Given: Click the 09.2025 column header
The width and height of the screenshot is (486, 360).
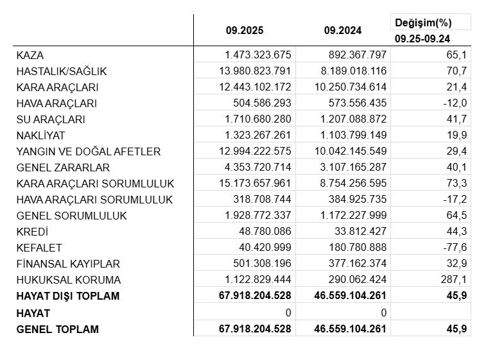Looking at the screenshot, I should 245,30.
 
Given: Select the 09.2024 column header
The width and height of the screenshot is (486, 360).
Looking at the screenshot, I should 343,30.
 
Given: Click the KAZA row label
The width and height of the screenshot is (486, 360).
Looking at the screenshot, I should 31,55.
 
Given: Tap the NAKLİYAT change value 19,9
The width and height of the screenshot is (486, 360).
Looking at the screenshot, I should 457,135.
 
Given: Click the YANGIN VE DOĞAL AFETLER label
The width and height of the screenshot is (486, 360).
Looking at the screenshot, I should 89,151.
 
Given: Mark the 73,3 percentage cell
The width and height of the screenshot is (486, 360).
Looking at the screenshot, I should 457,184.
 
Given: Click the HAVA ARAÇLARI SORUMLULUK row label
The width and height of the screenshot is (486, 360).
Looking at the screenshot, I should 94,200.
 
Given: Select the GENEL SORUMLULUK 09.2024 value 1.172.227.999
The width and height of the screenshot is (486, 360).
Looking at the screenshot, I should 352,216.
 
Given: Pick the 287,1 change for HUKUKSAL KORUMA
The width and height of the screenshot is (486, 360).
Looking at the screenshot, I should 455,280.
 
